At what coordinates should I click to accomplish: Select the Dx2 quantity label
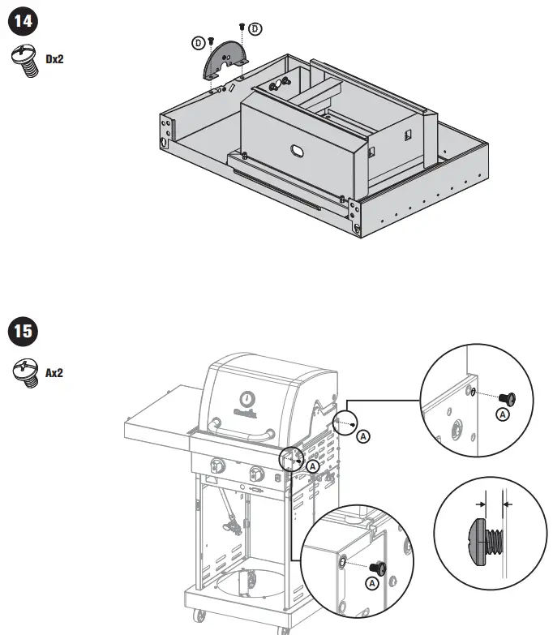[x=55, y=59]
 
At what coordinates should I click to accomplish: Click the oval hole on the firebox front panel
[x=297, y=151]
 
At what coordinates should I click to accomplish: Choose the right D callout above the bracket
[x=255, y=29]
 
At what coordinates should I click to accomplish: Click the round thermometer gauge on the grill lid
[x=246, y=398]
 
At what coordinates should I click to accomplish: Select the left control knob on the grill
[x=217, y=466]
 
